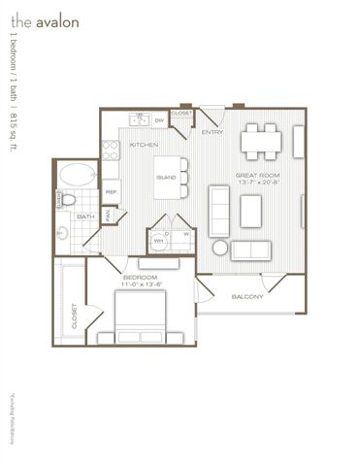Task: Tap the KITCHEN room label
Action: click(x=144, y=146)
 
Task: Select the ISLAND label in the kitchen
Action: click(x=167, y=177)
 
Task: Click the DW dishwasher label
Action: click(x=158, y=120)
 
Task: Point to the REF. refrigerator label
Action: click(x=112, y=192)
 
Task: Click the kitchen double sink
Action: click(x=137, y=120)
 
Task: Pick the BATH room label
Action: click(x=85, y=216)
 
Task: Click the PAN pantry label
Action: click(x=109, y=216)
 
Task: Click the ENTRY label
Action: click(x=213, y=133)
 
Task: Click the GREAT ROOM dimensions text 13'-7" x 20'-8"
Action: click(x=259, y=183)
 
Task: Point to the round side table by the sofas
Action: click(x=219, y=248)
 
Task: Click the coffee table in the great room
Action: click(x=252, y=208)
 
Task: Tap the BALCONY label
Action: click(x=246, y=297)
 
